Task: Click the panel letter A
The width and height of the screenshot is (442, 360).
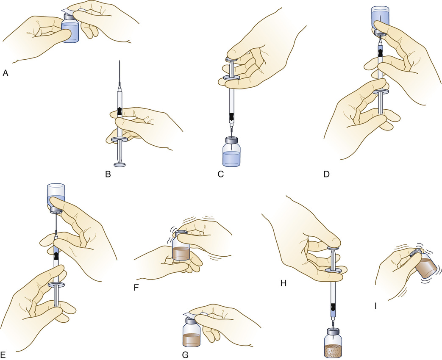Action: [x=6, y=73]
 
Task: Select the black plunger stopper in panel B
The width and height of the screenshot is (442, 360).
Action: [x=120, y=111]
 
